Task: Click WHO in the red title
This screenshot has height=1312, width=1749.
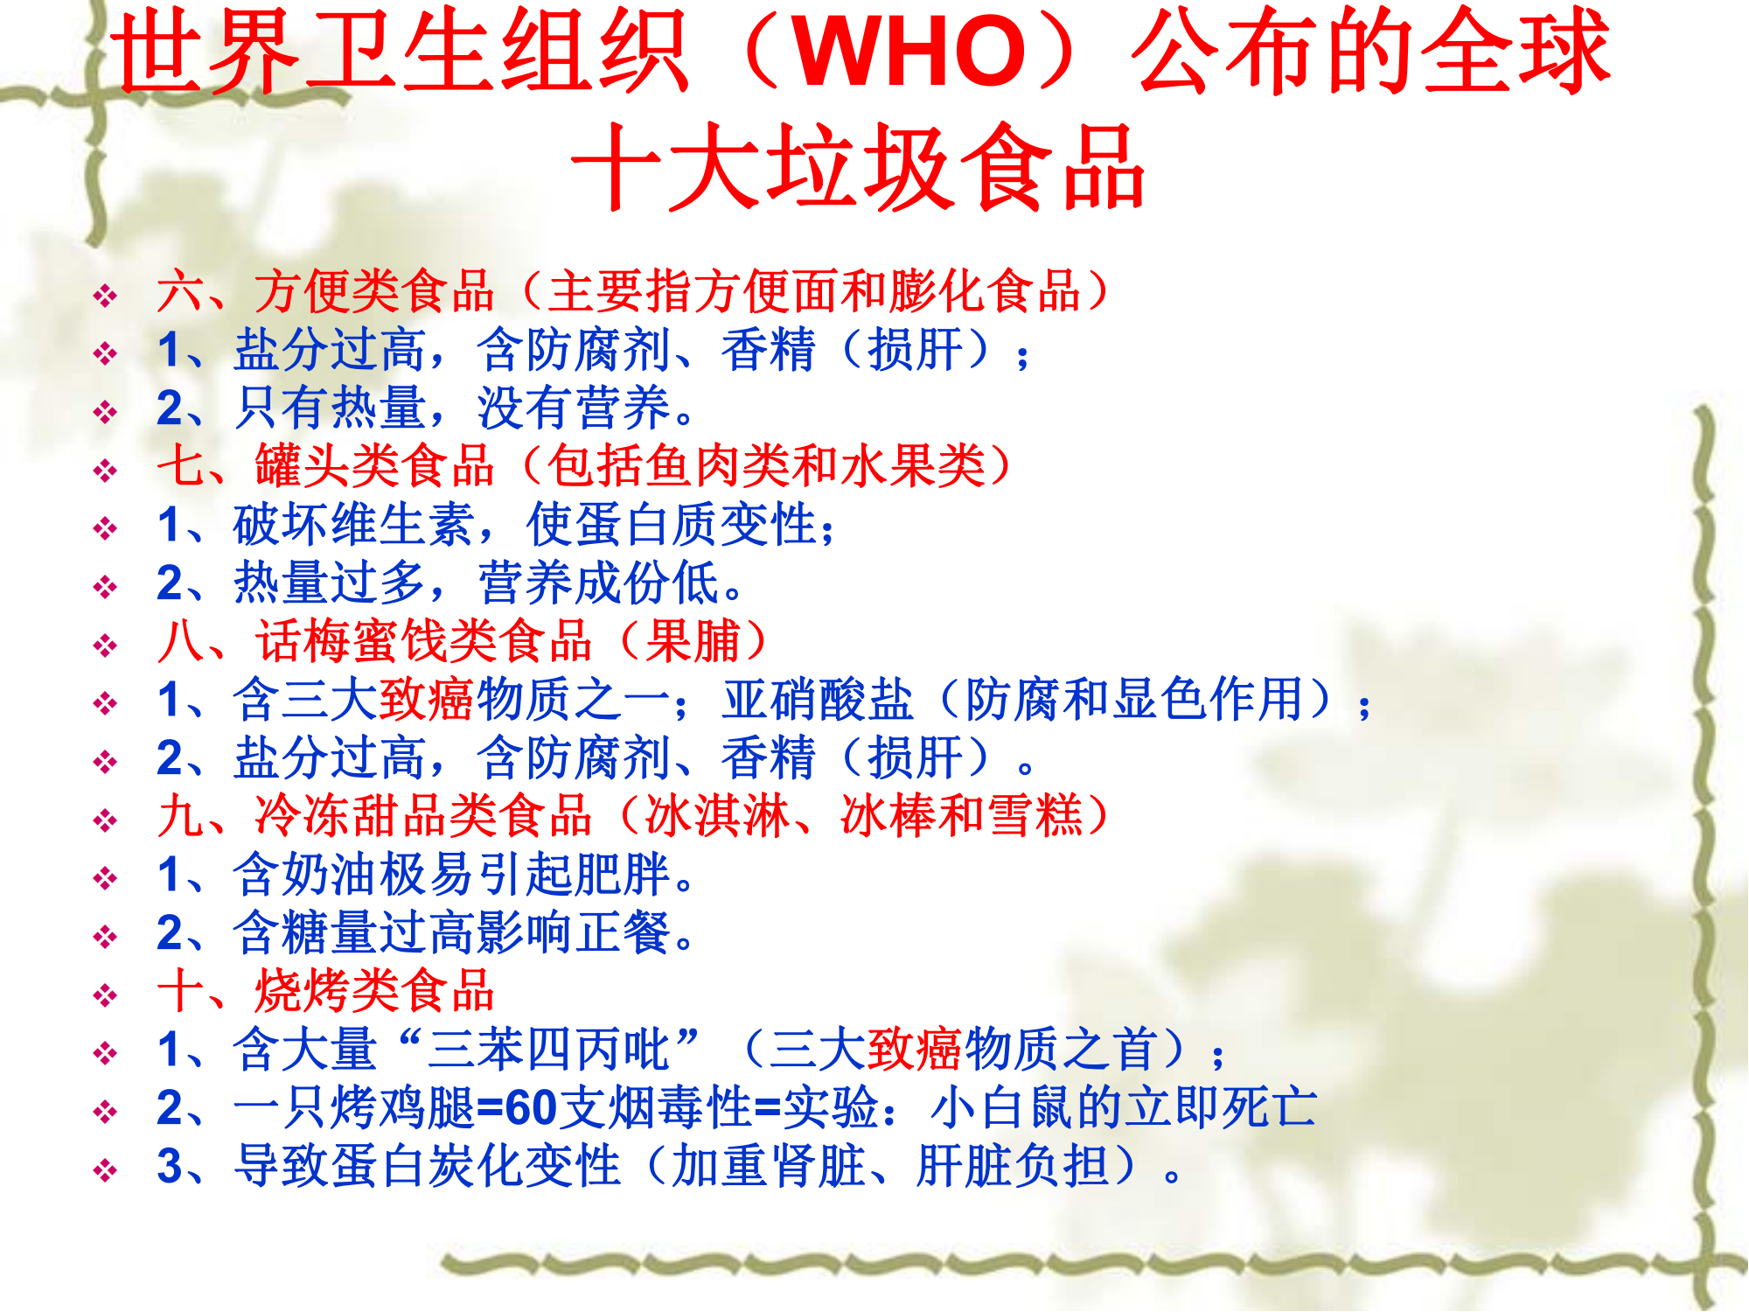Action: coord(910,52)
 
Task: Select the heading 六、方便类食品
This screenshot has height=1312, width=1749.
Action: coord(325,291)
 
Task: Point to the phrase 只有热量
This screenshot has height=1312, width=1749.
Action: coord(330,408)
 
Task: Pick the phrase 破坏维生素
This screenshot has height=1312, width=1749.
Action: coord(354,525)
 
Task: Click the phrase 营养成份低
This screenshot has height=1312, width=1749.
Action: coord(599,583)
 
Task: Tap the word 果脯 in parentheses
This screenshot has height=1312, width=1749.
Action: coord(693,641)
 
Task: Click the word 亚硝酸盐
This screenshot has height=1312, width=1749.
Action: coord(818,700)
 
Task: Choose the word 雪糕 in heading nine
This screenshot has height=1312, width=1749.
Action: coord(1035,816)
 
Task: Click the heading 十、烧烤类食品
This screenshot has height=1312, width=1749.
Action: coord(325,991)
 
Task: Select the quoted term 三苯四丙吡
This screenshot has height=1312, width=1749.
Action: coord(547,1050)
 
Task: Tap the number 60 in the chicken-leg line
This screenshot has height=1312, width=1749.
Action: coord(531,1108)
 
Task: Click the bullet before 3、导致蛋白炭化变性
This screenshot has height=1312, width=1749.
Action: coord(105,1170)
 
